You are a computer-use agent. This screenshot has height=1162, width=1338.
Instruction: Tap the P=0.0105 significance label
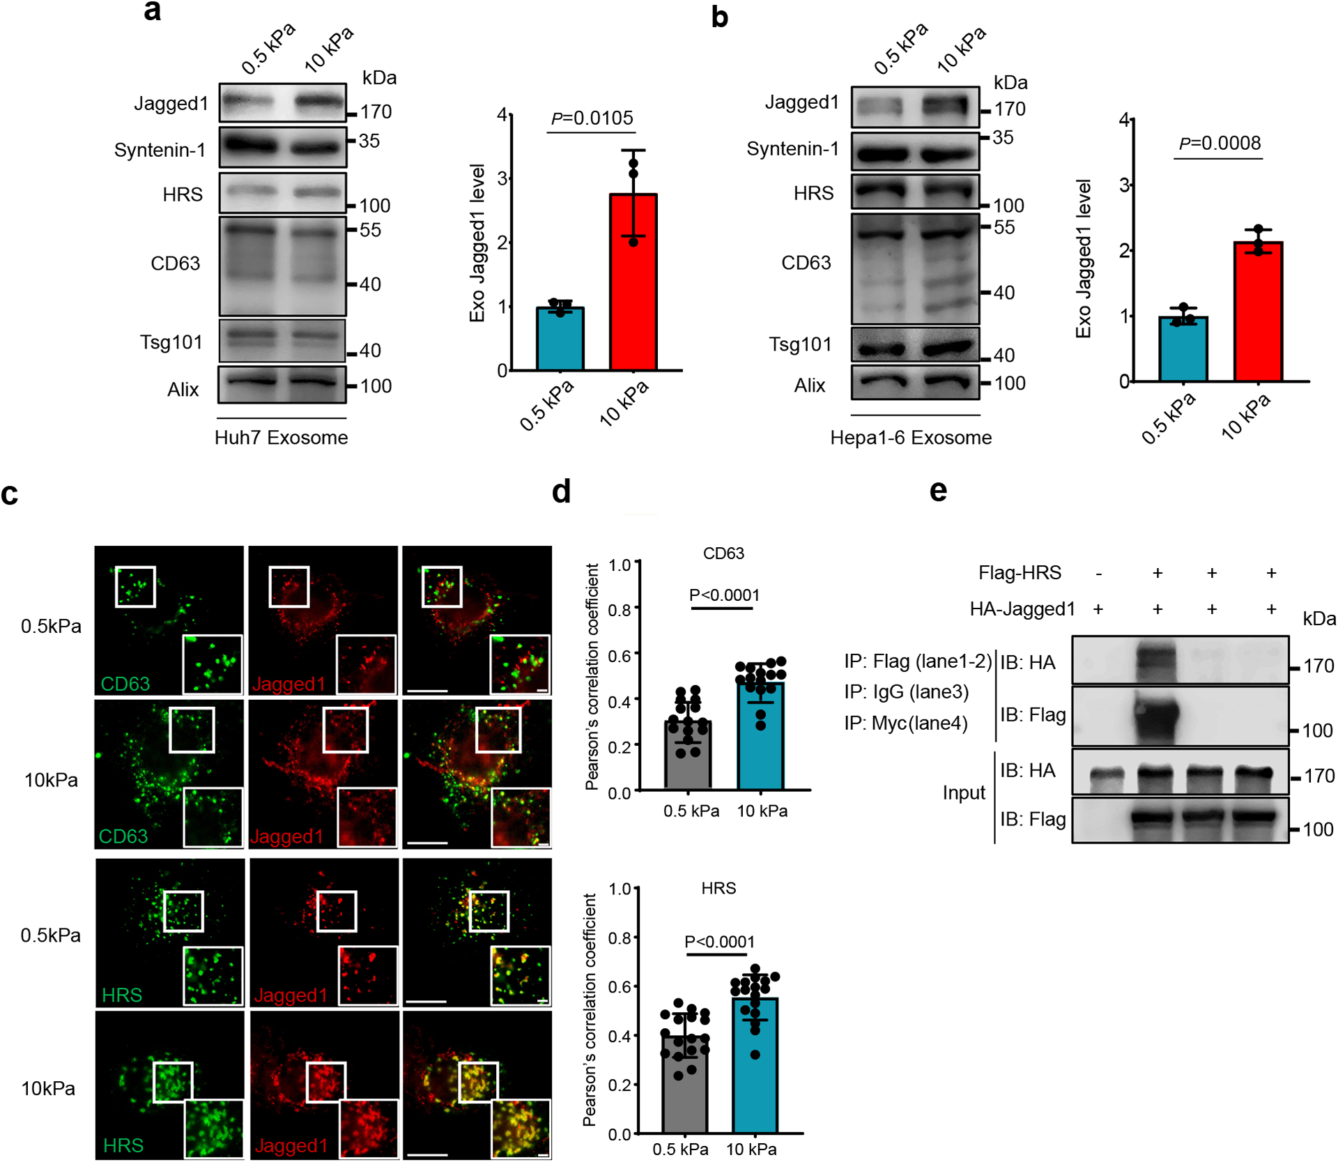(x=592, y=118)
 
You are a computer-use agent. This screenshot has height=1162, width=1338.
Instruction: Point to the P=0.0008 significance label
(x=1220, y=143)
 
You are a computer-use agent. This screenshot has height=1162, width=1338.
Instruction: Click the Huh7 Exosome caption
(x=281, y=437)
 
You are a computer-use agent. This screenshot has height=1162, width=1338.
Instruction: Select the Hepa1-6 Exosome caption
(x=911, y=437)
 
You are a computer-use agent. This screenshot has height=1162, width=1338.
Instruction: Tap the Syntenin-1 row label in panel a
(x=160, y=150)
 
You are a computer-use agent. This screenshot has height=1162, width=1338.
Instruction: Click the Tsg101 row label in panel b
(x=800, y=344)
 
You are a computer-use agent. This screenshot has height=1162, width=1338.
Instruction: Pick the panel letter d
(x=561, y=491)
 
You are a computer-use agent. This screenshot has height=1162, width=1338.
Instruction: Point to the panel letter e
(x=938, y=491)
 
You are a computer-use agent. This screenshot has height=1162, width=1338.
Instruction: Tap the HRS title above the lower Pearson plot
(x=718, y=888)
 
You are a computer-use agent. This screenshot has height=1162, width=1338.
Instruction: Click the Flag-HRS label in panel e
(x=1020, y=573)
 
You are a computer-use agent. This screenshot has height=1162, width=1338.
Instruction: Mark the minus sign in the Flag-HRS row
(x=1098, y=573)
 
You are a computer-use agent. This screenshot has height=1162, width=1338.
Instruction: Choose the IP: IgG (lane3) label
(x=906, y=691)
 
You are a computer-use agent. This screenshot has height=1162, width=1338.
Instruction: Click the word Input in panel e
(x=964, y=793)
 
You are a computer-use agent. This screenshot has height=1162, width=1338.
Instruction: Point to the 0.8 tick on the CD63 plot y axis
(x=620, y=610)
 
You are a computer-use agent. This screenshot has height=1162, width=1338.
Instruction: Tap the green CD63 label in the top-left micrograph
(x=125, y=684)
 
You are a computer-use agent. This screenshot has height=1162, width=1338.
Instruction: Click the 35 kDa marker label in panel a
(x=369, y=141)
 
